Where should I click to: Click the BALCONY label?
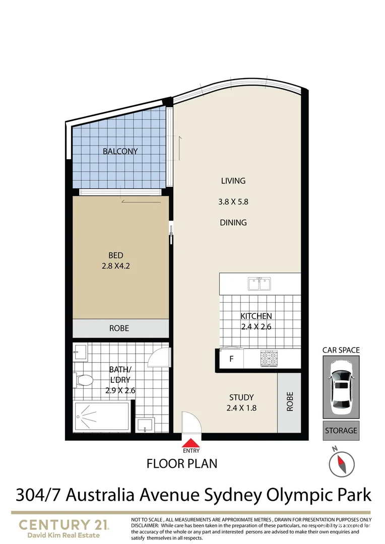[x=120, y=151]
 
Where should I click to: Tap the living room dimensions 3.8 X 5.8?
[x=233, y=202]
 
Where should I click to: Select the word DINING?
[x=233, y=222]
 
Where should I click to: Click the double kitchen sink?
[x=260, y=284]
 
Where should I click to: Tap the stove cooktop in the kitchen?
[x=269, y=358]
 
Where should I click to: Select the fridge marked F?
[x=231, y=360]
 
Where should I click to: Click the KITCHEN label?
[x=256, y=316]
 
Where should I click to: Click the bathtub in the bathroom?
[x=101, y=417]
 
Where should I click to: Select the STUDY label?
[x=241, y=397]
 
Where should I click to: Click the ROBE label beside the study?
[x=290, y=402]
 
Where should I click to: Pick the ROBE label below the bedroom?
[x=119, y=328]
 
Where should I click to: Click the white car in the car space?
[x=341, y=387]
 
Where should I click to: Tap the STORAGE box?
[x=341, y=431]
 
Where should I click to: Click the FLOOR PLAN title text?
[x=182, y=463]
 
